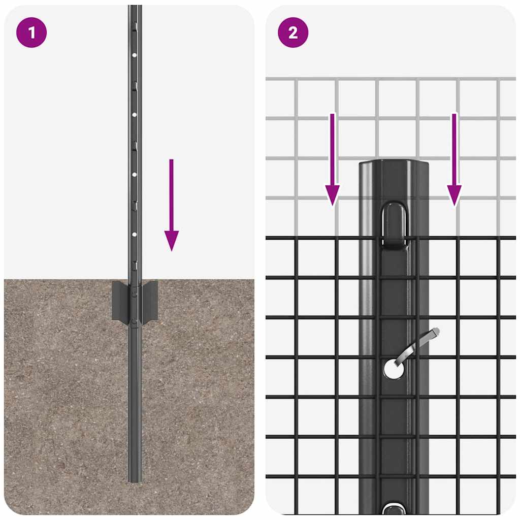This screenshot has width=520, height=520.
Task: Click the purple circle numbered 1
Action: click(31, 33)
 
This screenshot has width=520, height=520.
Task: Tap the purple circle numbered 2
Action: click(293, 33)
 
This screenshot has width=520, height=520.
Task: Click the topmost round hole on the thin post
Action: click(135, 54)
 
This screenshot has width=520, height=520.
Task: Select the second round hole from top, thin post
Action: click(135, 115)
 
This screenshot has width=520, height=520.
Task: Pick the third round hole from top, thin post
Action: click(135, 174)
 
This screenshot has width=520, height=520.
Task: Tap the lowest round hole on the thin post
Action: click(135, 234)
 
